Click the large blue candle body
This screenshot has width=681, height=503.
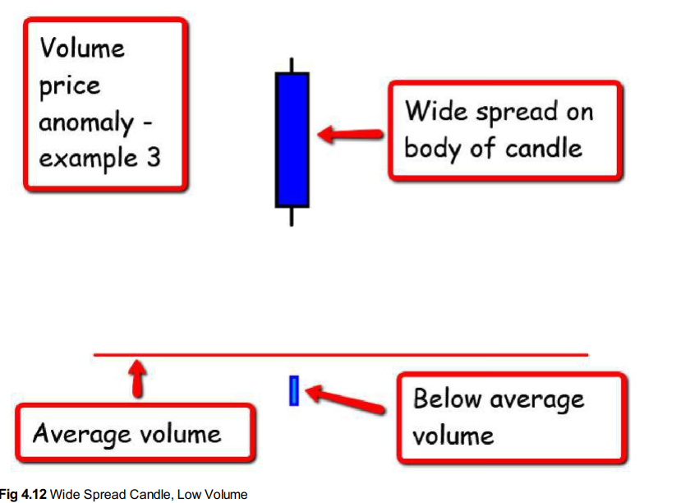click(292, 139)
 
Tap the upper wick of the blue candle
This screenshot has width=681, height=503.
click(292, 65)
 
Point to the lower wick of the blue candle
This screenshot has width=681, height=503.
click(292, 215)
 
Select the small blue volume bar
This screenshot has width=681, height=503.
click(293, 390)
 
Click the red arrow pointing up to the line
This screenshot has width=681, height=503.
click(138, 380)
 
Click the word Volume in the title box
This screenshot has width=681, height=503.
click(81, 48)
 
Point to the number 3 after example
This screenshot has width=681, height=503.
click(153, 156)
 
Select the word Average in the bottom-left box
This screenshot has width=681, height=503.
click(79, 434)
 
